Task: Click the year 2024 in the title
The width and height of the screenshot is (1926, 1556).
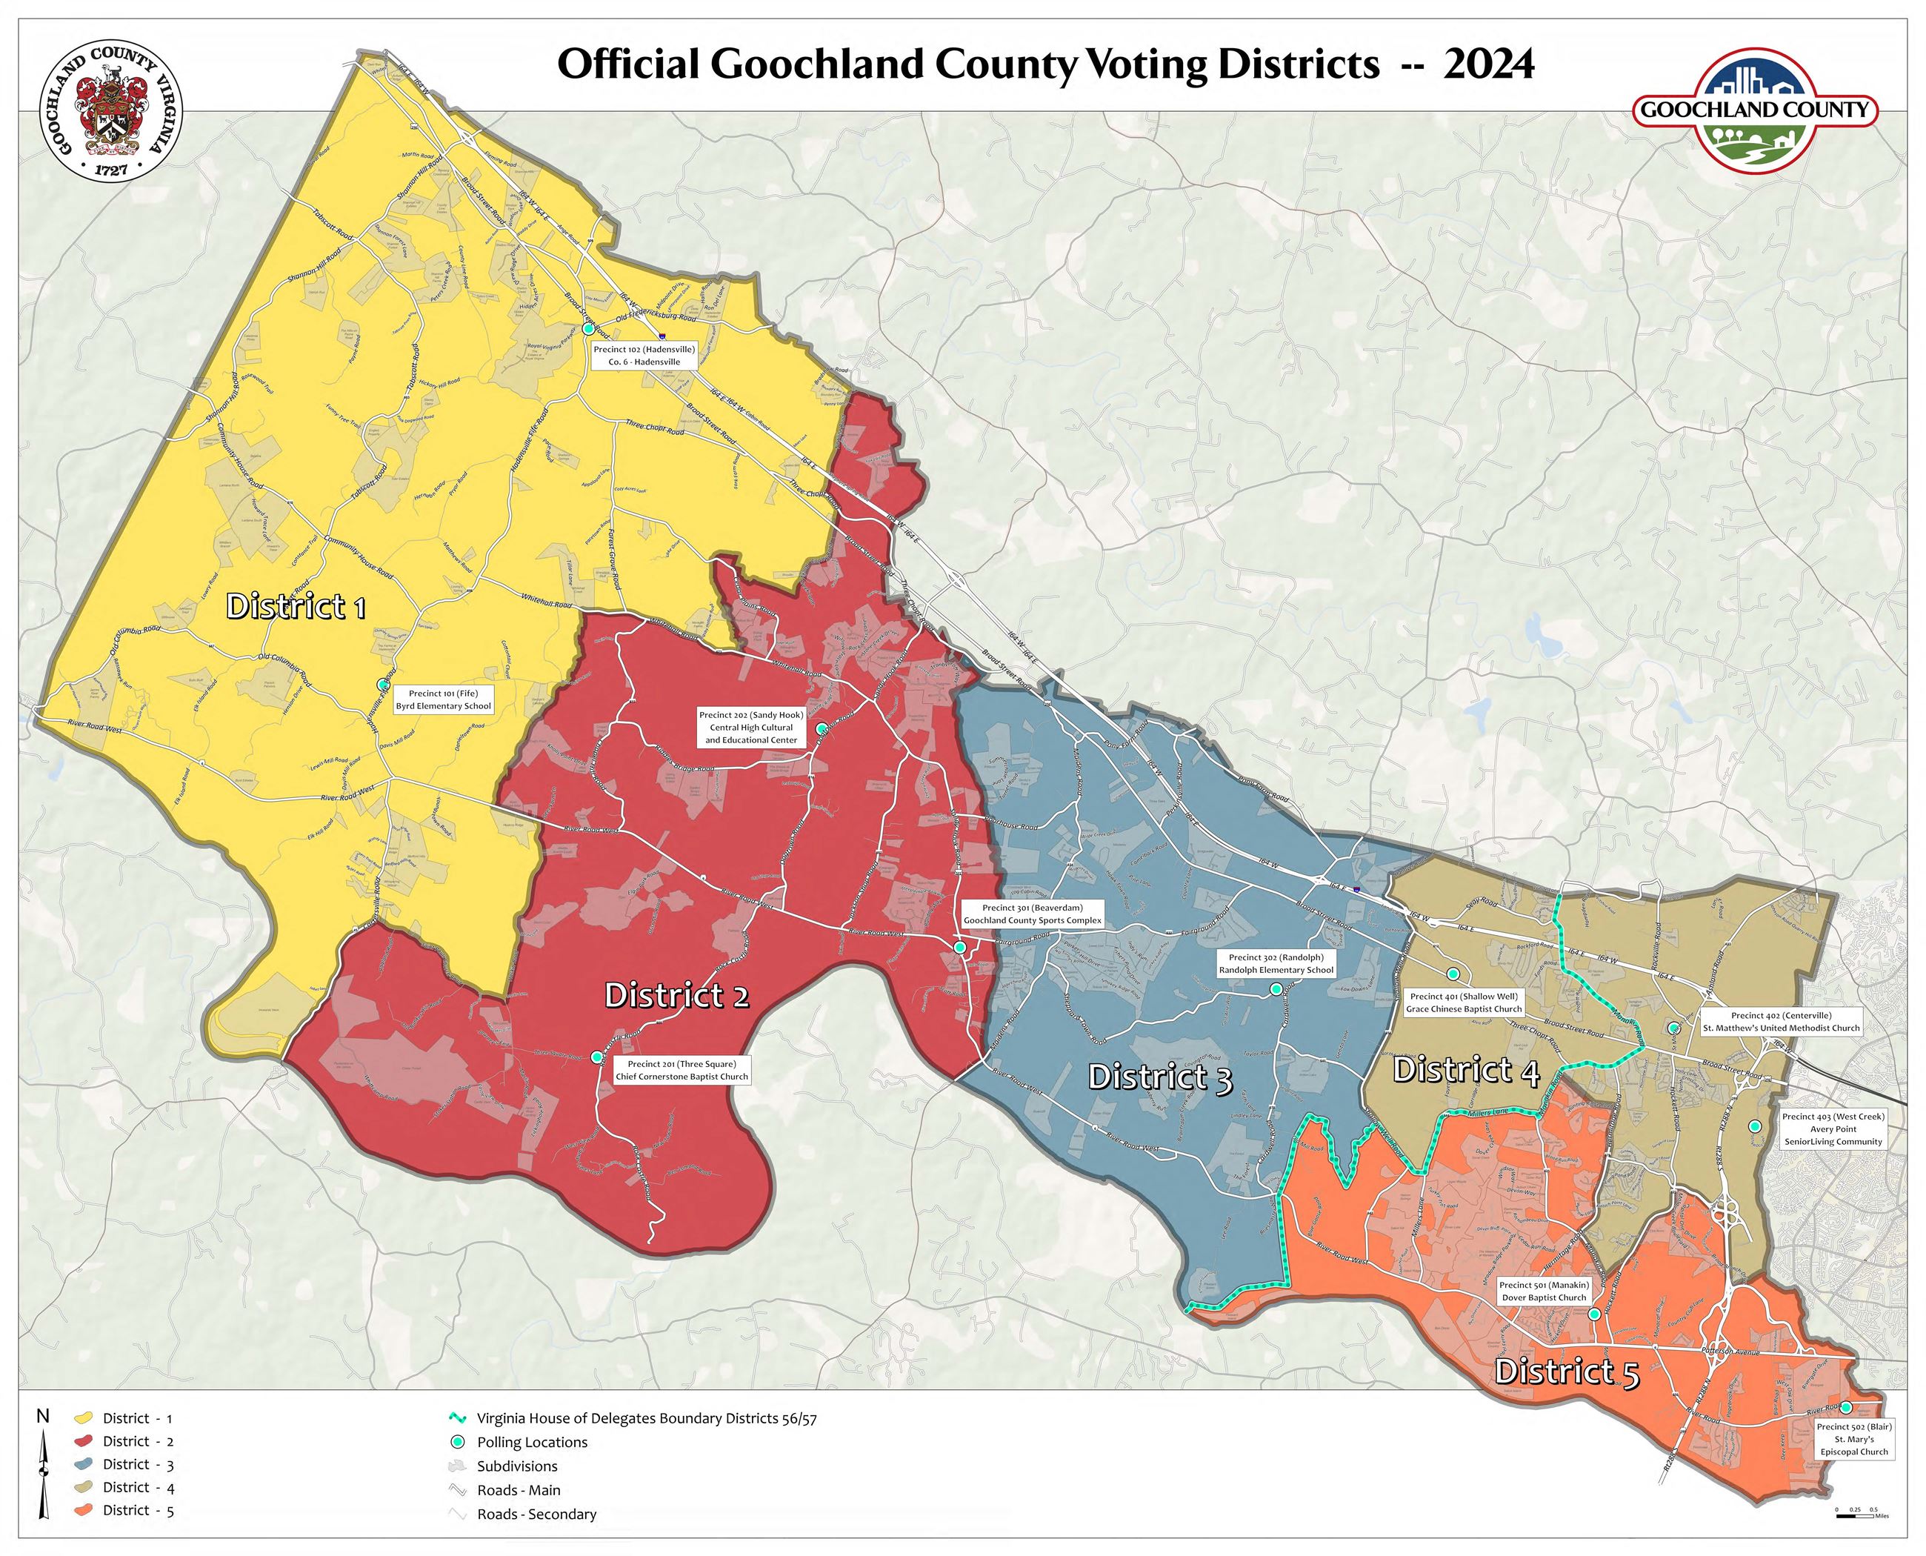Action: (1489, 64)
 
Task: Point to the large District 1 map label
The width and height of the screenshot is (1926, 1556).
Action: (296, 607)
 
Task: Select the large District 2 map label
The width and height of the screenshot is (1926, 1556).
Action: (676, 996)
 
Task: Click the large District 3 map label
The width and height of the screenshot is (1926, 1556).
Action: (1160, 1077)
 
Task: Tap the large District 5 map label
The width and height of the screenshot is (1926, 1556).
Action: (1567, 1372)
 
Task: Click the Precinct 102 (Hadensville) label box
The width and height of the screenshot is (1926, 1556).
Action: (644, 356)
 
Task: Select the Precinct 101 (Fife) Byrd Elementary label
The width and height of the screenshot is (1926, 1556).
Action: (444, 699)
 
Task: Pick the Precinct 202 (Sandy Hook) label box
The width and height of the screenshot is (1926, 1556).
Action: (751, 727)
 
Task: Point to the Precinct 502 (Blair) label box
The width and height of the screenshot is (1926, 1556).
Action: (1853, 1439)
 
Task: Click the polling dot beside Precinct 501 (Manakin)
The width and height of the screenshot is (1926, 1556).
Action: (1594, 1314)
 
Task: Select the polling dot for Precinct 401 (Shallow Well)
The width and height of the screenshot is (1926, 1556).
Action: (1453, 974)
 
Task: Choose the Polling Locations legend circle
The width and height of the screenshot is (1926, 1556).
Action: (458, 1442)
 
